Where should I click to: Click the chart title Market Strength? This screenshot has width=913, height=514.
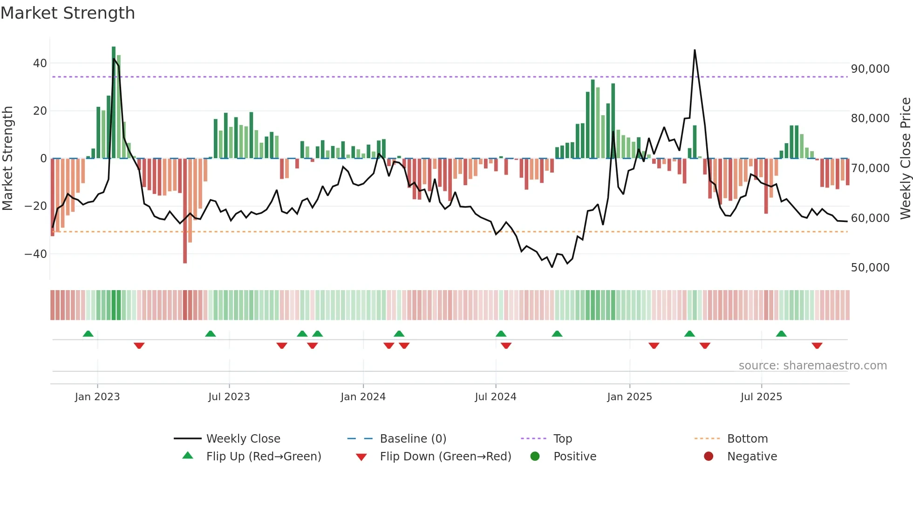(68, 13)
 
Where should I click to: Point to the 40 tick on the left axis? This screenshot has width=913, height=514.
(40, 63)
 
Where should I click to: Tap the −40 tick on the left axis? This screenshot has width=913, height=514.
(36, 254)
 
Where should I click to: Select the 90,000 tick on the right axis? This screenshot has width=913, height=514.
(870, 69)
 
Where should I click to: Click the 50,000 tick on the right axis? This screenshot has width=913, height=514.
(870, 268)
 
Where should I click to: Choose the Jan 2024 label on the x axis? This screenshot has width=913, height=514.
(363, 397)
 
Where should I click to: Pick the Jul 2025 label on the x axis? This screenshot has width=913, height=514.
(761, 397)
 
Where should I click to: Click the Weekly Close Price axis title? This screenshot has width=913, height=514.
(905, 159)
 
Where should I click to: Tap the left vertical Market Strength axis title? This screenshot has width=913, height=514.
(8, 159)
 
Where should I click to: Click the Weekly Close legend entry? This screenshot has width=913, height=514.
(243, 439)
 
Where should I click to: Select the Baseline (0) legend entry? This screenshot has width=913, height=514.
(413, 439)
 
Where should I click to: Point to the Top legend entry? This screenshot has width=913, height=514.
(562, 439)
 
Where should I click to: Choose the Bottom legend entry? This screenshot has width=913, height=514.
(747, 439)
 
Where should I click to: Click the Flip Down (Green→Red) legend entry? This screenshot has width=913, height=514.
(445, 457)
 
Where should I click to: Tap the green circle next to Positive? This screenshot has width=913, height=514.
(535, 457)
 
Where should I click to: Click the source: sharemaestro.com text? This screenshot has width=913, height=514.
(812, 366)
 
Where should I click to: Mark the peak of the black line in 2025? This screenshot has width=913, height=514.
(695, 50)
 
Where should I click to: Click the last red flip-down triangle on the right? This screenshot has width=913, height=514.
(817, 346)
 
